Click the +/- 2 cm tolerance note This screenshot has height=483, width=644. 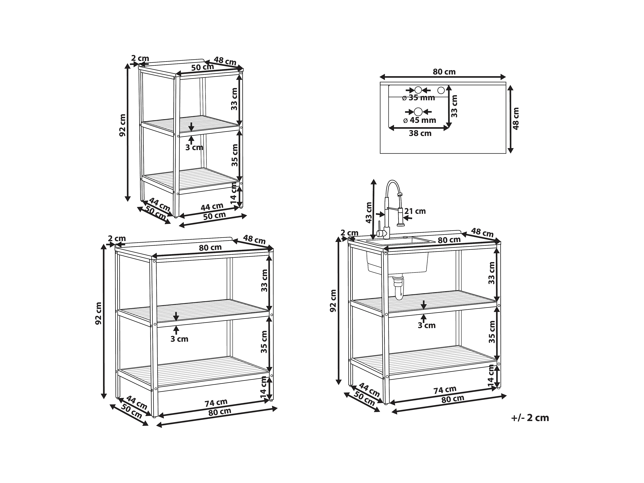click(530, 418)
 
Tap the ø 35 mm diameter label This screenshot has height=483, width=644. click(418, 98)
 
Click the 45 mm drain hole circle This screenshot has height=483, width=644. click(418, 112)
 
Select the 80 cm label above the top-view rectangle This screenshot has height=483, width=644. click(444, 72)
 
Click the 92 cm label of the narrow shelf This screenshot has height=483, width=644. click(123, 125)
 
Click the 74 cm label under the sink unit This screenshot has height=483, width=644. click(445, 390)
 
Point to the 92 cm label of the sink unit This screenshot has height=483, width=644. click(333, 301)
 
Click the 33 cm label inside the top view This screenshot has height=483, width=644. click(454, 106)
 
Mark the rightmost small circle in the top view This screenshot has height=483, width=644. click(441, 90)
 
